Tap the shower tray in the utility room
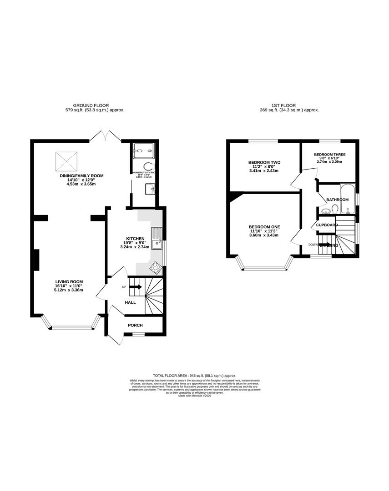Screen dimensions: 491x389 [144, 151]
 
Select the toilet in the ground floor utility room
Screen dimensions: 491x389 [149, 166]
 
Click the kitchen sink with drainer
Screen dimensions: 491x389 [157, 238]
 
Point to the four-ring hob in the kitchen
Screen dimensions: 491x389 [156, 267]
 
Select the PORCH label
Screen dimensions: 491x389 [135, 325]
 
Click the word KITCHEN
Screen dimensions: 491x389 [135, 238]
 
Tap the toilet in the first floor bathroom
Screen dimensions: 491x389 [335, 209]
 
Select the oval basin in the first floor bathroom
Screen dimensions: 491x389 [325, 211]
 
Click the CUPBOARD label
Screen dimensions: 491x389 [327, 225]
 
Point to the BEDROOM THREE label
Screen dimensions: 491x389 [329, 155]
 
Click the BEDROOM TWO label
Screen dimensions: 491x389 [264, 162]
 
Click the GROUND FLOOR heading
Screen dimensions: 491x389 [94, 105]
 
